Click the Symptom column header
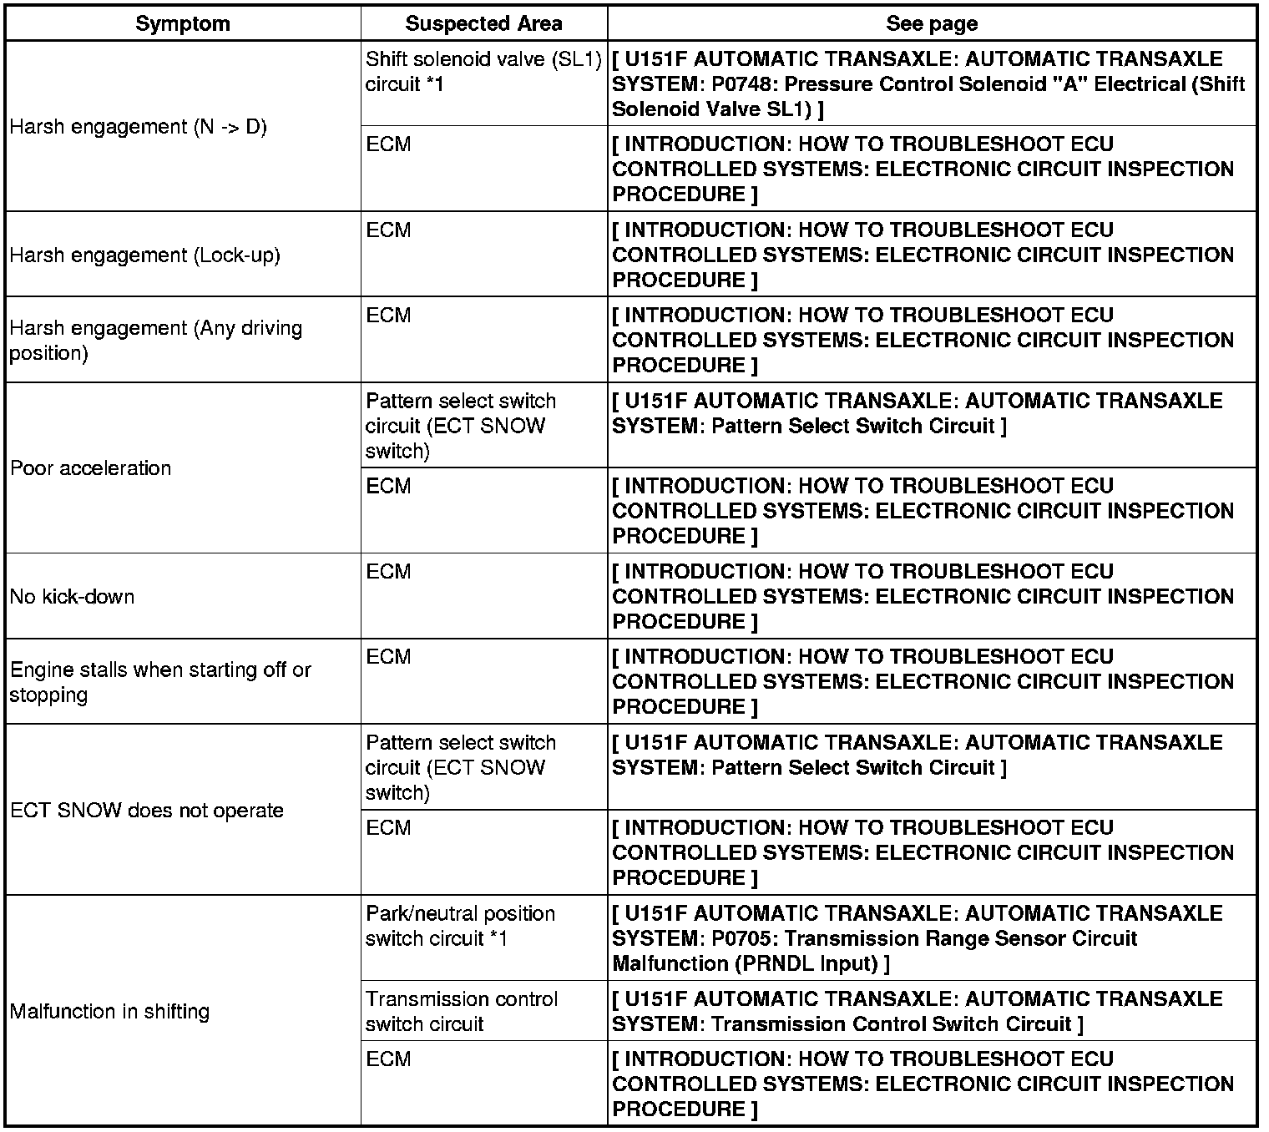click(182, 23)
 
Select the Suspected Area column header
click(483, 23)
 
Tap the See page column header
click(932, 23)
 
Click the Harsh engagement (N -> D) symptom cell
click(138, 127)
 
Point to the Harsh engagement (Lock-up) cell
click(144, 255)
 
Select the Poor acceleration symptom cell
click(90, 467)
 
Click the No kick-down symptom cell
click(72, 596)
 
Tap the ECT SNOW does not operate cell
click(147, 810)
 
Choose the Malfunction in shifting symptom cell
click(109, 1011)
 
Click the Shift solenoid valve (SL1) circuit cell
click(483, 72)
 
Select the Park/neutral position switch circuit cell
click(460, 926)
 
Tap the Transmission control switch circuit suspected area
click(461, 1011)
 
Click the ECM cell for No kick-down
click(388, 572)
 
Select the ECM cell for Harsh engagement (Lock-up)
click(388, 230)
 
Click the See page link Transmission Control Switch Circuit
click(891, 1023)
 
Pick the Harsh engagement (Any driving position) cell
click(155, 340)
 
